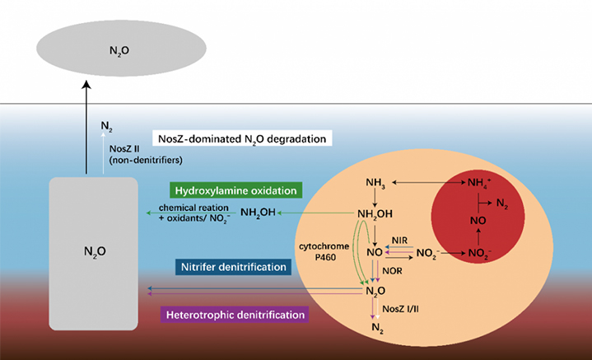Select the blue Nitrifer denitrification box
coord(232,266)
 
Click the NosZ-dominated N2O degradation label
coord(244,138)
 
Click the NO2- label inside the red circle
coord(481,253)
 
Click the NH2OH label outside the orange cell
coord(258,214)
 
